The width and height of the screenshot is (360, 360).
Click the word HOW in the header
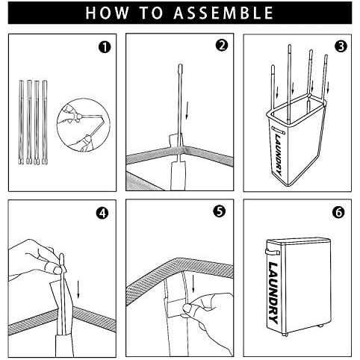(x=107, y=13)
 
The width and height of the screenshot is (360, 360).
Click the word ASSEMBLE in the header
(x=223, y=13)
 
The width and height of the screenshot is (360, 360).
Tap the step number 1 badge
(x=105, y=47)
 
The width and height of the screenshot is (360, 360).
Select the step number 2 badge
(x=222, y=46)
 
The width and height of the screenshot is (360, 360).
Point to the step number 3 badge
(x=341, y=46)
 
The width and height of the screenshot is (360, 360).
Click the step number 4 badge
(x=102, y=213)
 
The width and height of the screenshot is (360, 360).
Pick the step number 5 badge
(x=220, y=211)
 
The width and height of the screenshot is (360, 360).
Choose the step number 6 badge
(x=338, y=212)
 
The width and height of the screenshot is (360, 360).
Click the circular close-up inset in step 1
(x=84, y=125)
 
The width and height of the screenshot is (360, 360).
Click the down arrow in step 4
(x=78, y=289)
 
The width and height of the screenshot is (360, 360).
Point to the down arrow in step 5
(x=193, y=283)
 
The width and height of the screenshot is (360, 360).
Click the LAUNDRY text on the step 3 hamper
(x=279, y=154)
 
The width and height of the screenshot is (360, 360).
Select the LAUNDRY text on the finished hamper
(x=273, y=293)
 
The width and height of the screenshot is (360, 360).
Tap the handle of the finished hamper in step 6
(x=273, y=252)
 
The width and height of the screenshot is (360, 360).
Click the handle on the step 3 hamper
(x=278, y=130)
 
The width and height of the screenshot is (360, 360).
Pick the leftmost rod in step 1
(x=22, y=122)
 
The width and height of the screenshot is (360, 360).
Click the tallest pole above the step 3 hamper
(x=289, y=82)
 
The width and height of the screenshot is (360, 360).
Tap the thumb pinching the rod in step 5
(x=188, y=308)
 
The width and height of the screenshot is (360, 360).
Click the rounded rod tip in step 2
(x=180, y=68)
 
